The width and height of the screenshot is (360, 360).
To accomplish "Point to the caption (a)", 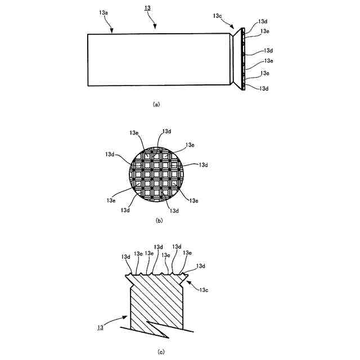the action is click(x=156, y=104).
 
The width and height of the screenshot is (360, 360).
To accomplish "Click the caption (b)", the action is click(x=159, y=221).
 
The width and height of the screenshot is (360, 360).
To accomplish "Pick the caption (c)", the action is click(x=161, y=352).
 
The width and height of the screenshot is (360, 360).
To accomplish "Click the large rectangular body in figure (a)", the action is click(x=157, y=60).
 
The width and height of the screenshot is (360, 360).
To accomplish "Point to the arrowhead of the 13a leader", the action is click(x=114, y=33).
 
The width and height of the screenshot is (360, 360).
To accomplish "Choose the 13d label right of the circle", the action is click(x=203, y=165).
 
